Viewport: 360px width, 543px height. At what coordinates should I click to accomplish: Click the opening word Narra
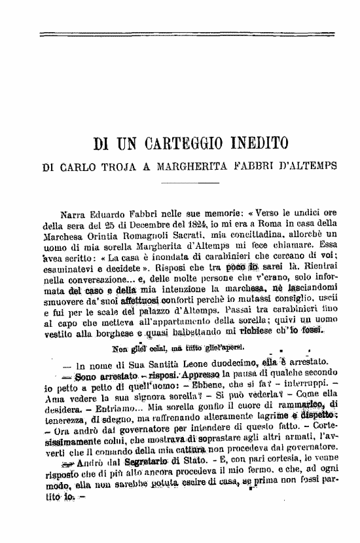pyautogui.click(x=73, y=214)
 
